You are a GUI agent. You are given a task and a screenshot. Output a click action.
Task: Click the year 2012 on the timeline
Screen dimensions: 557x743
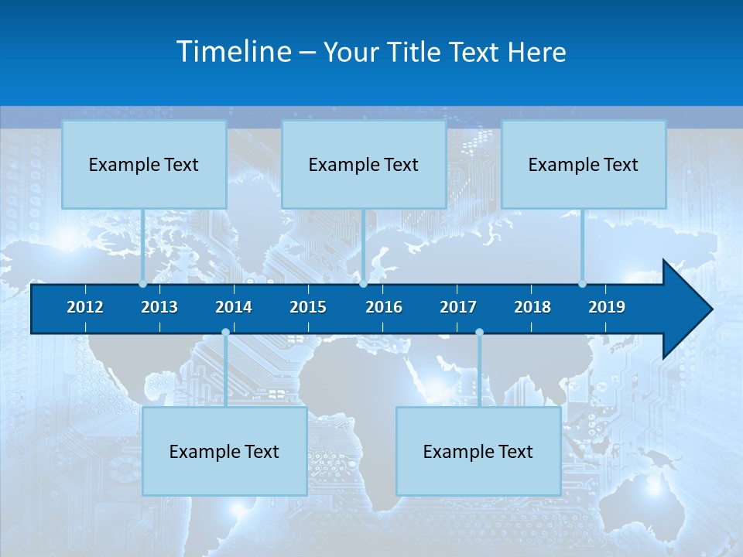pos(85,307)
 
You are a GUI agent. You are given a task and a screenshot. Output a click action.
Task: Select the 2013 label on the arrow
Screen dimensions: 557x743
pos(159,307)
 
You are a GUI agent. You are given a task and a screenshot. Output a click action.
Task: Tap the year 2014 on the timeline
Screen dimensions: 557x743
pos(234,307)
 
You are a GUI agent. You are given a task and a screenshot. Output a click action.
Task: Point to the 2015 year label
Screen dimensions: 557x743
pos(308,307)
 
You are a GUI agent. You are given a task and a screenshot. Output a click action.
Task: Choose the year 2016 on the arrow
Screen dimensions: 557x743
pos(384,307)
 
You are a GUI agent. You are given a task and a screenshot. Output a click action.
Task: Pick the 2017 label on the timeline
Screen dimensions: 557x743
pos(458,307)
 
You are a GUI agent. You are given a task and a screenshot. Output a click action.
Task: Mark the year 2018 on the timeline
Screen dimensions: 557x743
pos(532,307)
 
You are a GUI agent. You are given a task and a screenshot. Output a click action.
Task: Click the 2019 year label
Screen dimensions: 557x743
pos(607,307)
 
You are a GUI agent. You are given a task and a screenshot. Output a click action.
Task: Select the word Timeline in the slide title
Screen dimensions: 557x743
pos(235,52)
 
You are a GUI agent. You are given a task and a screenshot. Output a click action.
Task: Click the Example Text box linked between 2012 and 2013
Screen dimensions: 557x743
pos(144,164)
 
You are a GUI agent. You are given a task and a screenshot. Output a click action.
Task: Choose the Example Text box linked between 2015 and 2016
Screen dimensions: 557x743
pos(364,164)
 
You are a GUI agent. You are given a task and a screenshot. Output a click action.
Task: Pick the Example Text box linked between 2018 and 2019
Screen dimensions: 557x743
pos(584,164)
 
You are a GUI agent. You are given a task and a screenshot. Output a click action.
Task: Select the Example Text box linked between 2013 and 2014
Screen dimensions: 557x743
pos(224,451)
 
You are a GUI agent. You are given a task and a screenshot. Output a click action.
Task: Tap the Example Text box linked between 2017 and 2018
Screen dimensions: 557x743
pos(478,451)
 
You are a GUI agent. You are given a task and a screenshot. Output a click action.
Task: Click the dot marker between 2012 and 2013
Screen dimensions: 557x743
pos(142,284)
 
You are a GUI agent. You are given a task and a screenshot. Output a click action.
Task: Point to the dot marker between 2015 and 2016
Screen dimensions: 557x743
pos(363,284)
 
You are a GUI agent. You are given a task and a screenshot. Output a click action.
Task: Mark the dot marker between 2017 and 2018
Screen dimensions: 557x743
pos(479,333)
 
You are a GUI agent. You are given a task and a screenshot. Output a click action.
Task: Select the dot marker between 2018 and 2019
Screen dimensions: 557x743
pos(582,284)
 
